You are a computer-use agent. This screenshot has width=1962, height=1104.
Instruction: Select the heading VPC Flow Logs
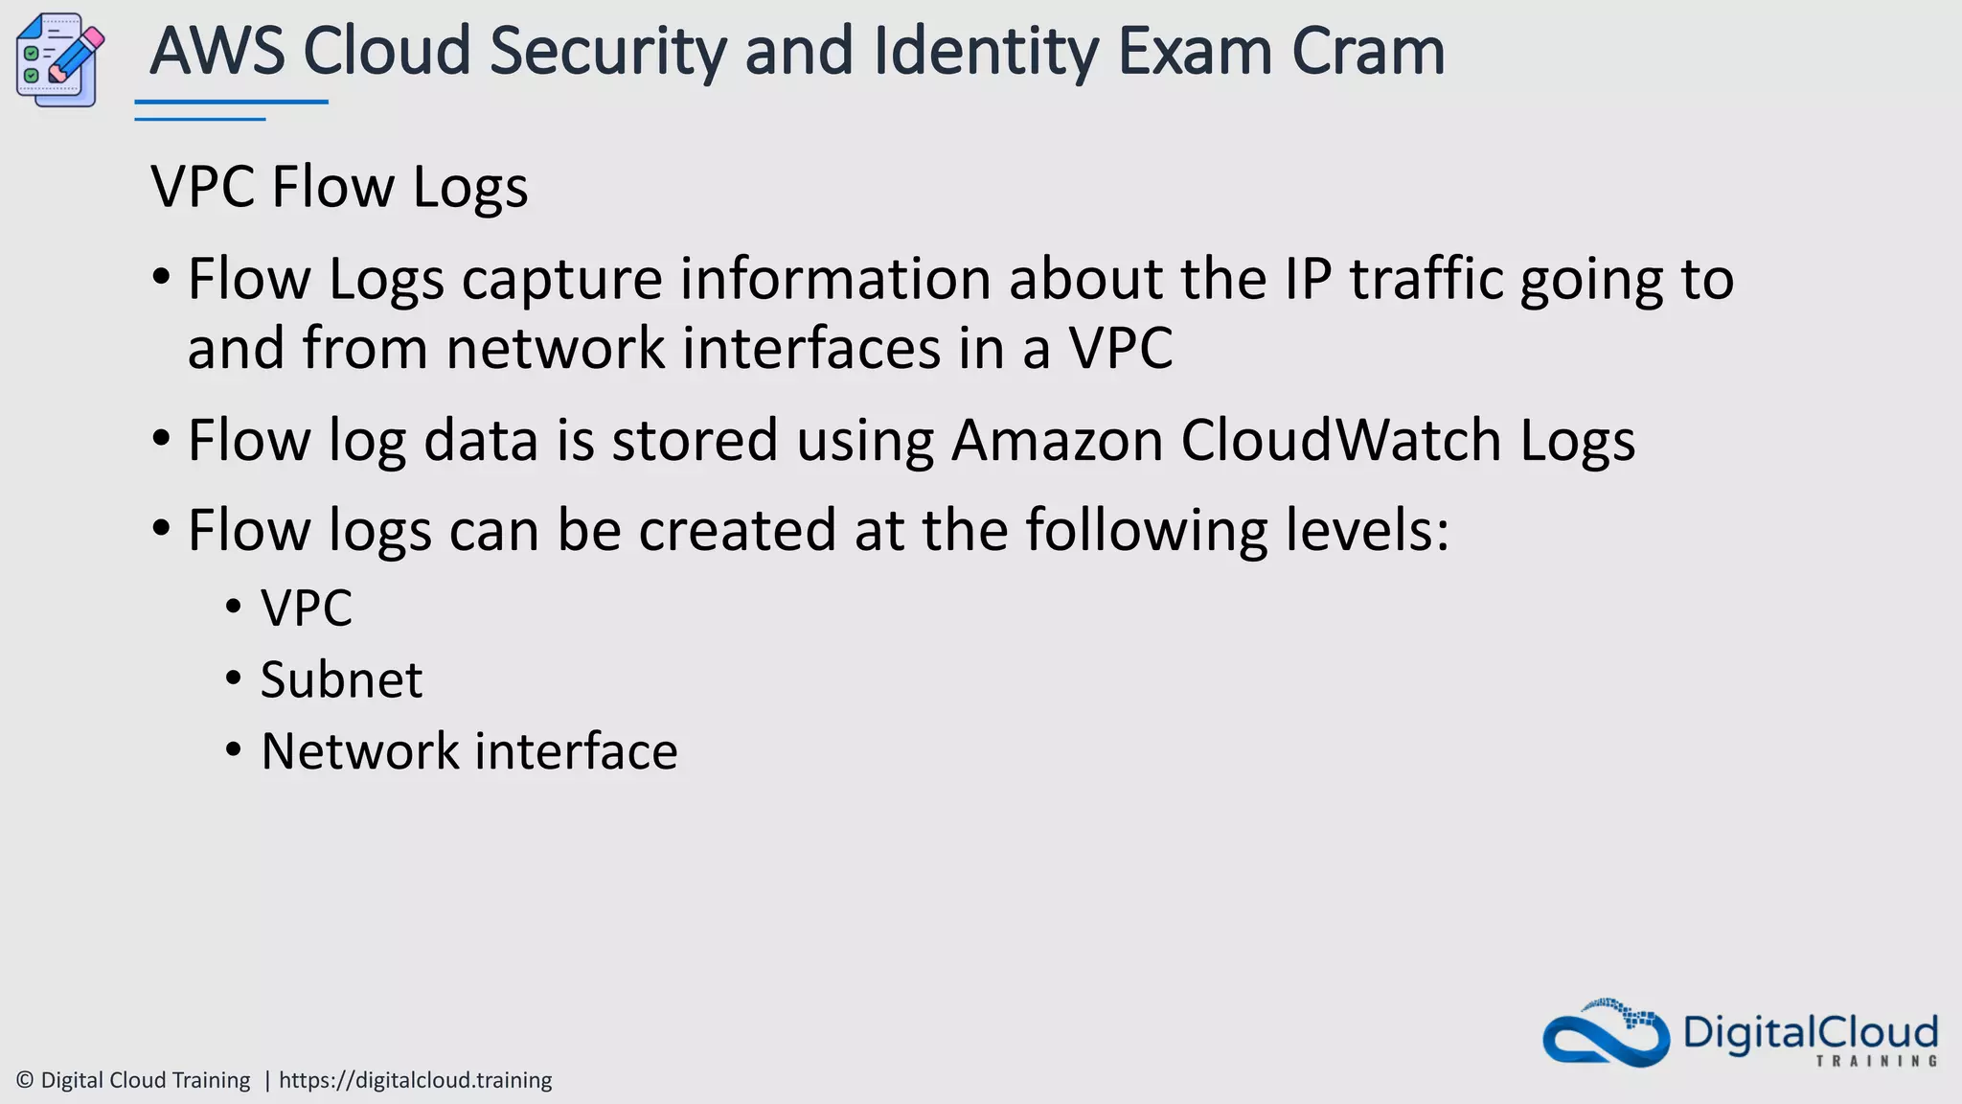[339, 186]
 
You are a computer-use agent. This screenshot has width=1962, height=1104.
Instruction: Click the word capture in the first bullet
[562, 280]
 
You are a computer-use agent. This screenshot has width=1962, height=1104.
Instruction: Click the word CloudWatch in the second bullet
[1341, 441]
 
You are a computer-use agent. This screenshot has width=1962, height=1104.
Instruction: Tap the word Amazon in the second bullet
[1057, 441]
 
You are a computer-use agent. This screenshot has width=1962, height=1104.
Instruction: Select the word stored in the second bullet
[695, 441]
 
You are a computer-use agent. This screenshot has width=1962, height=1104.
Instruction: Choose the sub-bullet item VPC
[307, 609]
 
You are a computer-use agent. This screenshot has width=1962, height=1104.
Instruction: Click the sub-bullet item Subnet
[341, 680]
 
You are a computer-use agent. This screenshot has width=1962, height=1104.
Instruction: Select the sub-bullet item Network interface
[469, 751]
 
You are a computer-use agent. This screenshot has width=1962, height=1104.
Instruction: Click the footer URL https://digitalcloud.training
[415, 1080]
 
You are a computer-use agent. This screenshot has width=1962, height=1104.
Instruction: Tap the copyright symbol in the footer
[26, 1080]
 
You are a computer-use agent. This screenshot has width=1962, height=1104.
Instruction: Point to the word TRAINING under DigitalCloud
[1877, 1061]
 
